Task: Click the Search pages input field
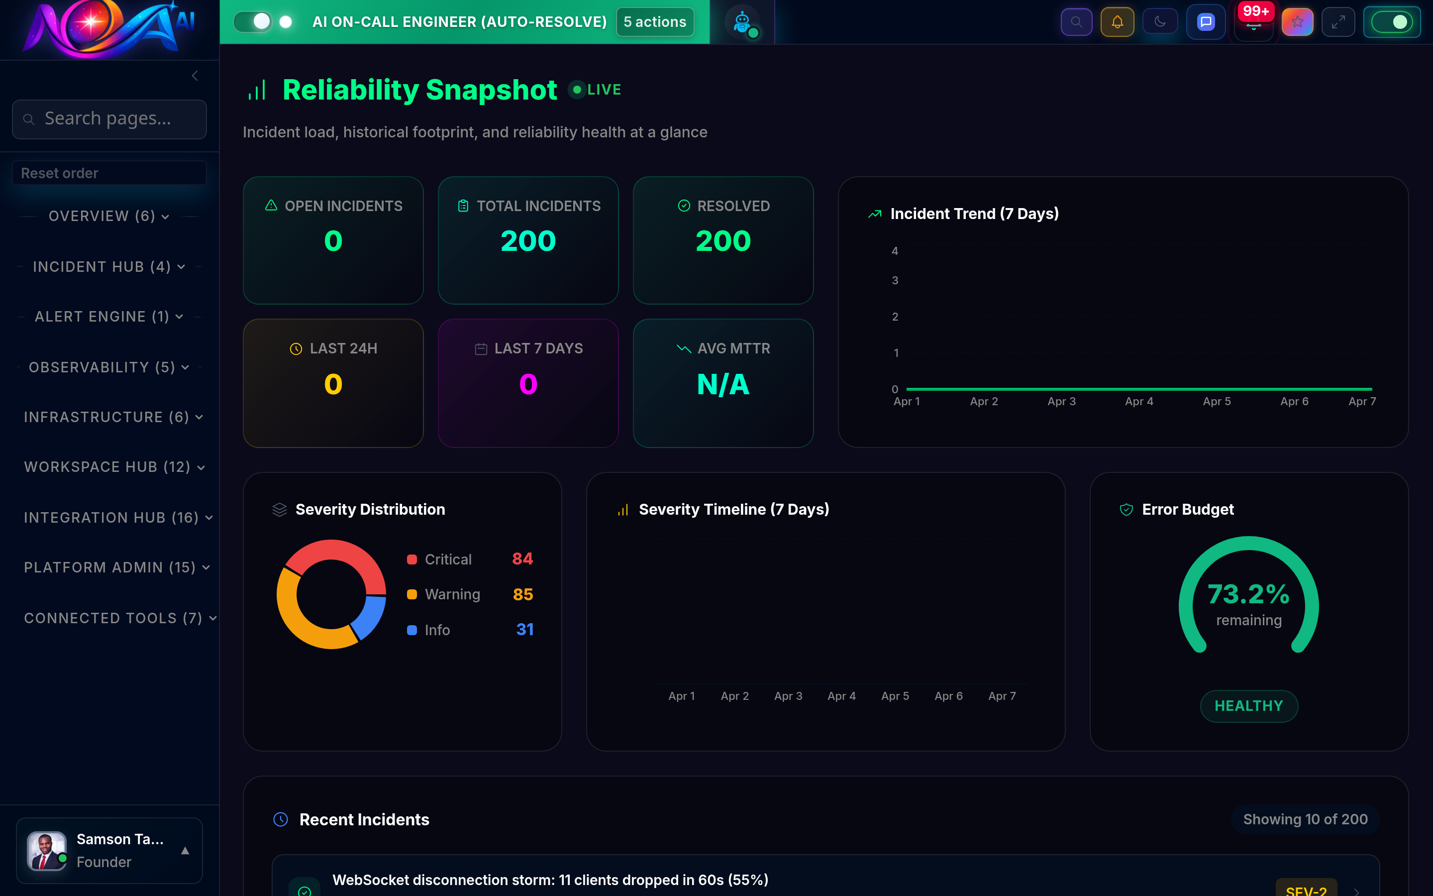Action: tap(109, 119)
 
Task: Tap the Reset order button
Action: tap(109, 173)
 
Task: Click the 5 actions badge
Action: tap(654, 22)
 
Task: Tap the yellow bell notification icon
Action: tap(1117, 22)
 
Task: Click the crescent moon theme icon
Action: tap(1159, 22)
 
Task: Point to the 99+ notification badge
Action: tap(1255, 11)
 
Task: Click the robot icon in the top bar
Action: tap(742, 22)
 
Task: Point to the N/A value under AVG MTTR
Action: tap(723, 385)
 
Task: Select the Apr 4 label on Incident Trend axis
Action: tap(1139, 401)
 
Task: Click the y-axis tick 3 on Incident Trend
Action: tap(895, 280)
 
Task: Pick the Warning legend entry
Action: tap(452, 594)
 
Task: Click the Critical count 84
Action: tap(522, 559)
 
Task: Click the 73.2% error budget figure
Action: tap(1248, 594)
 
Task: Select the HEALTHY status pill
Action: tap(1248, 706)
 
